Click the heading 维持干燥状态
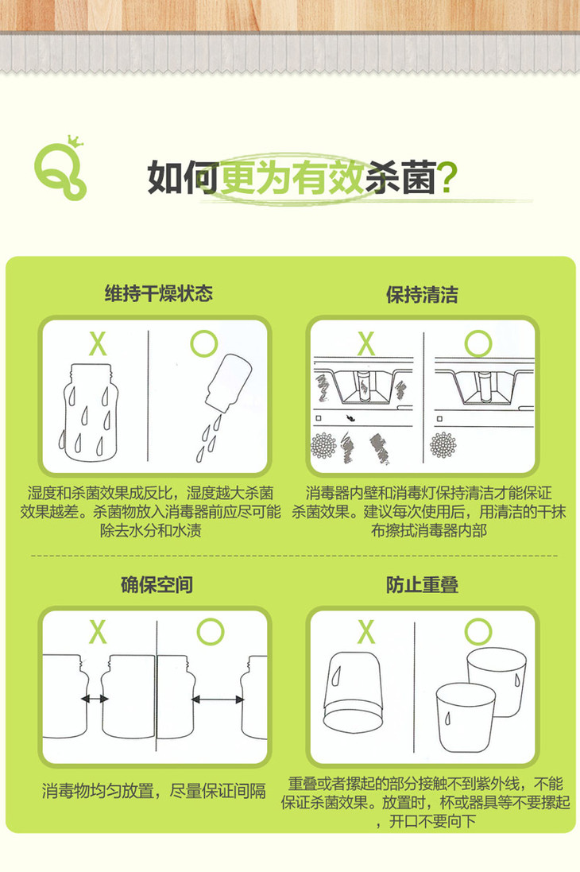[159, 293]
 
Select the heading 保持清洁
[422, 294]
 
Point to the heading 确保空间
[157, 584]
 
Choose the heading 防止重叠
[422, 584]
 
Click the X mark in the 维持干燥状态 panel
[98, 343]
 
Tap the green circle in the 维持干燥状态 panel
[203, 343]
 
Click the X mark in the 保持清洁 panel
[366, 343]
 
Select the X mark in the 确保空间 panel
[98, 632]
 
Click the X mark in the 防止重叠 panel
[366, 632]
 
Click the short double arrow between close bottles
[95, 699]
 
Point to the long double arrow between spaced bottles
[218, 700]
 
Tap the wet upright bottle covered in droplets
[90, 412]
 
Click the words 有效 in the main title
[328, 177]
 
